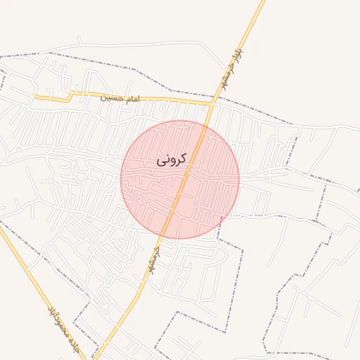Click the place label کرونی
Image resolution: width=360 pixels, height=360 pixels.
point(172,160)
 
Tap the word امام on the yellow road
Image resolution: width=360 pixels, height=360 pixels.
point(131,99)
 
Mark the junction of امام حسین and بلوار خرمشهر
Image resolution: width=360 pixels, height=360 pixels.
point(212,105)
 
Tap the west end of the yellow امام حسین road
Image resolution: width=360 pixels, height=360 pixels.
point(35,97)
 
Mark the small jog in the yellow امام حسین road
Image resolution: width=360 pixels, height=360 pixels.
point(70,96)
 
